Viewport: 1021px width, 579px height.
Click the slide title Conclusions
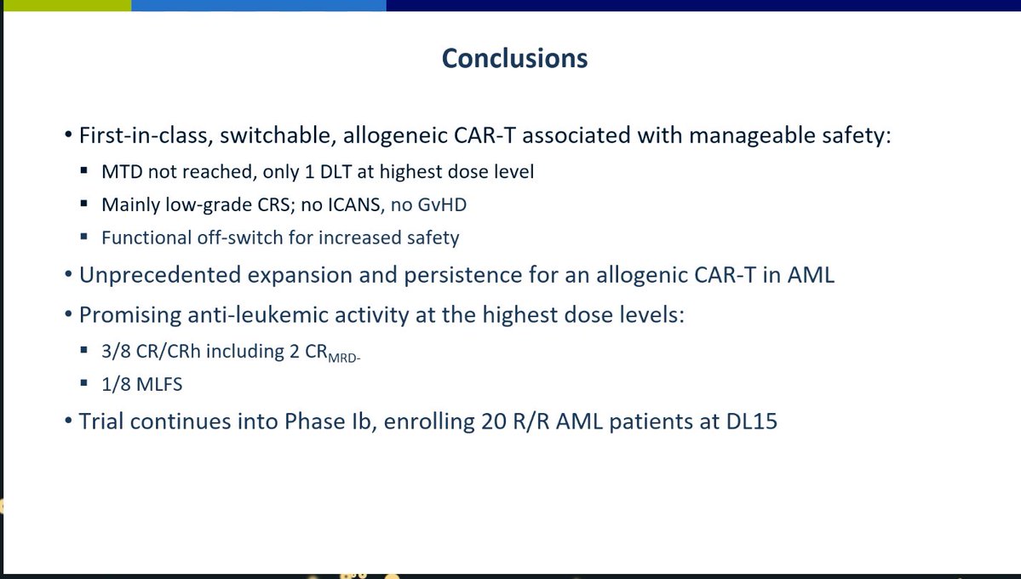pos(514,59)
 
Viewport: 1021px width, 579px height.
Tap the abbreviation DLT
pos(336,172)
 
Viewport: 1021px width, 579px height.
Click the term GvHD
pos(442,205)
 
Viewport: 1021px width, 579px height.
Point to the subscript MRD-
pos(345,358)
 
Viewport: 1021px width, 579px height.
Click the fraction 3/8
pos(116,352)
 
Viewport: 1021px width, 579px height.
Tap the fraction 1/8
pos(116,384)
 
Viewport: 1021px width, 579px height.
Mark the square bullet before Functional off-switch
pos(84,237)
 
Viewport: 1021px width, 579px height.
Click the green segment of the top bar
pos(66,5)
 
